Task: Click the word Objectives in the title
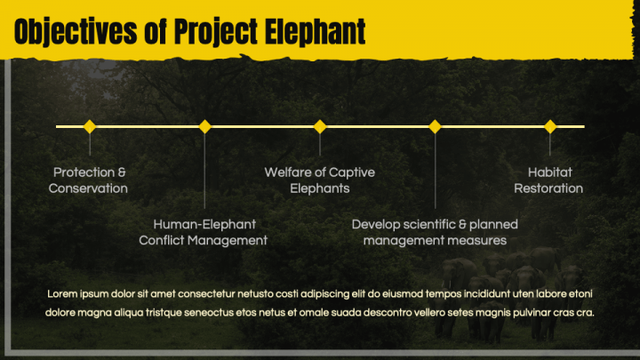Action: [x=76, y=32]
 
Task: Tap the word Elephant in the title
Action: [x=315, y=31]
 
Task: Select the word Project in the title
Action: [x=216, y=32]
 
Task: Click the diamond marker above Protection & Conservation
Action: [x=90, y=126]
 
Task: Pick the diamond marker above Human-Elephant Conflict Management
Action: [x=205, y=126]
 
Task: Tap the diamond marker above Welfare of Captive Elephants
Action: [x=320, y=126]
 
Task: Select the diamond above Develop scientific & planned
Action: [x=435, y=126]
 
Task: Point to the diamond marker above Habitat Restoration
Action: [x=550, y=126]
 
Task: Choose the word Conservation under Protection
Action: [x=88, y=188]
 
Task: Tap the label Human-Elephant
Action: [x=204, y=224]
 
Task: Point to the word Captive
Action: [x=352, y=173]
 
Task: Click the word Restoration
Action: [x=548, y=188]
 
